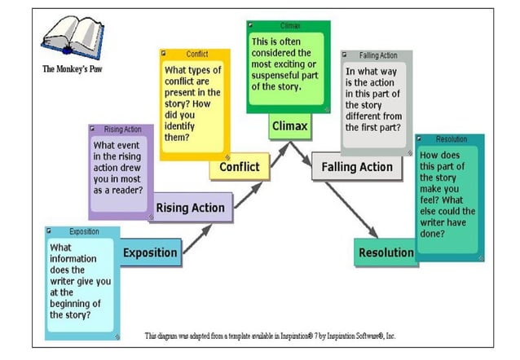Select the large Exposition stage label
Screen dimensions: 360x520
click(150, 252)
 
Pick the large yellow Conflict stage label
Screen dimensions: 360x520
click(240, 167)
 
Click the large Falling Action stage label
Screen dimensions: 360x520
click(357, 167)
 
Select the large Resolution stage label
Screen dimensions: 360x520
click(386, 252)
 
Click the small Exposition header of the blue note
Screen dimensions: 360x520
click(84, 231)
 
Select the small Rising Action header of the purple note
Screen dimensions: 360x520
click(123, 130)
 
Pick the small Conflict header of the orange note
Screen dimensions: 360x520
click(197, 54)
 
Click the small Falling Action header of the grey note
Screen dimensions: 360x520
click(378, 55)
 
